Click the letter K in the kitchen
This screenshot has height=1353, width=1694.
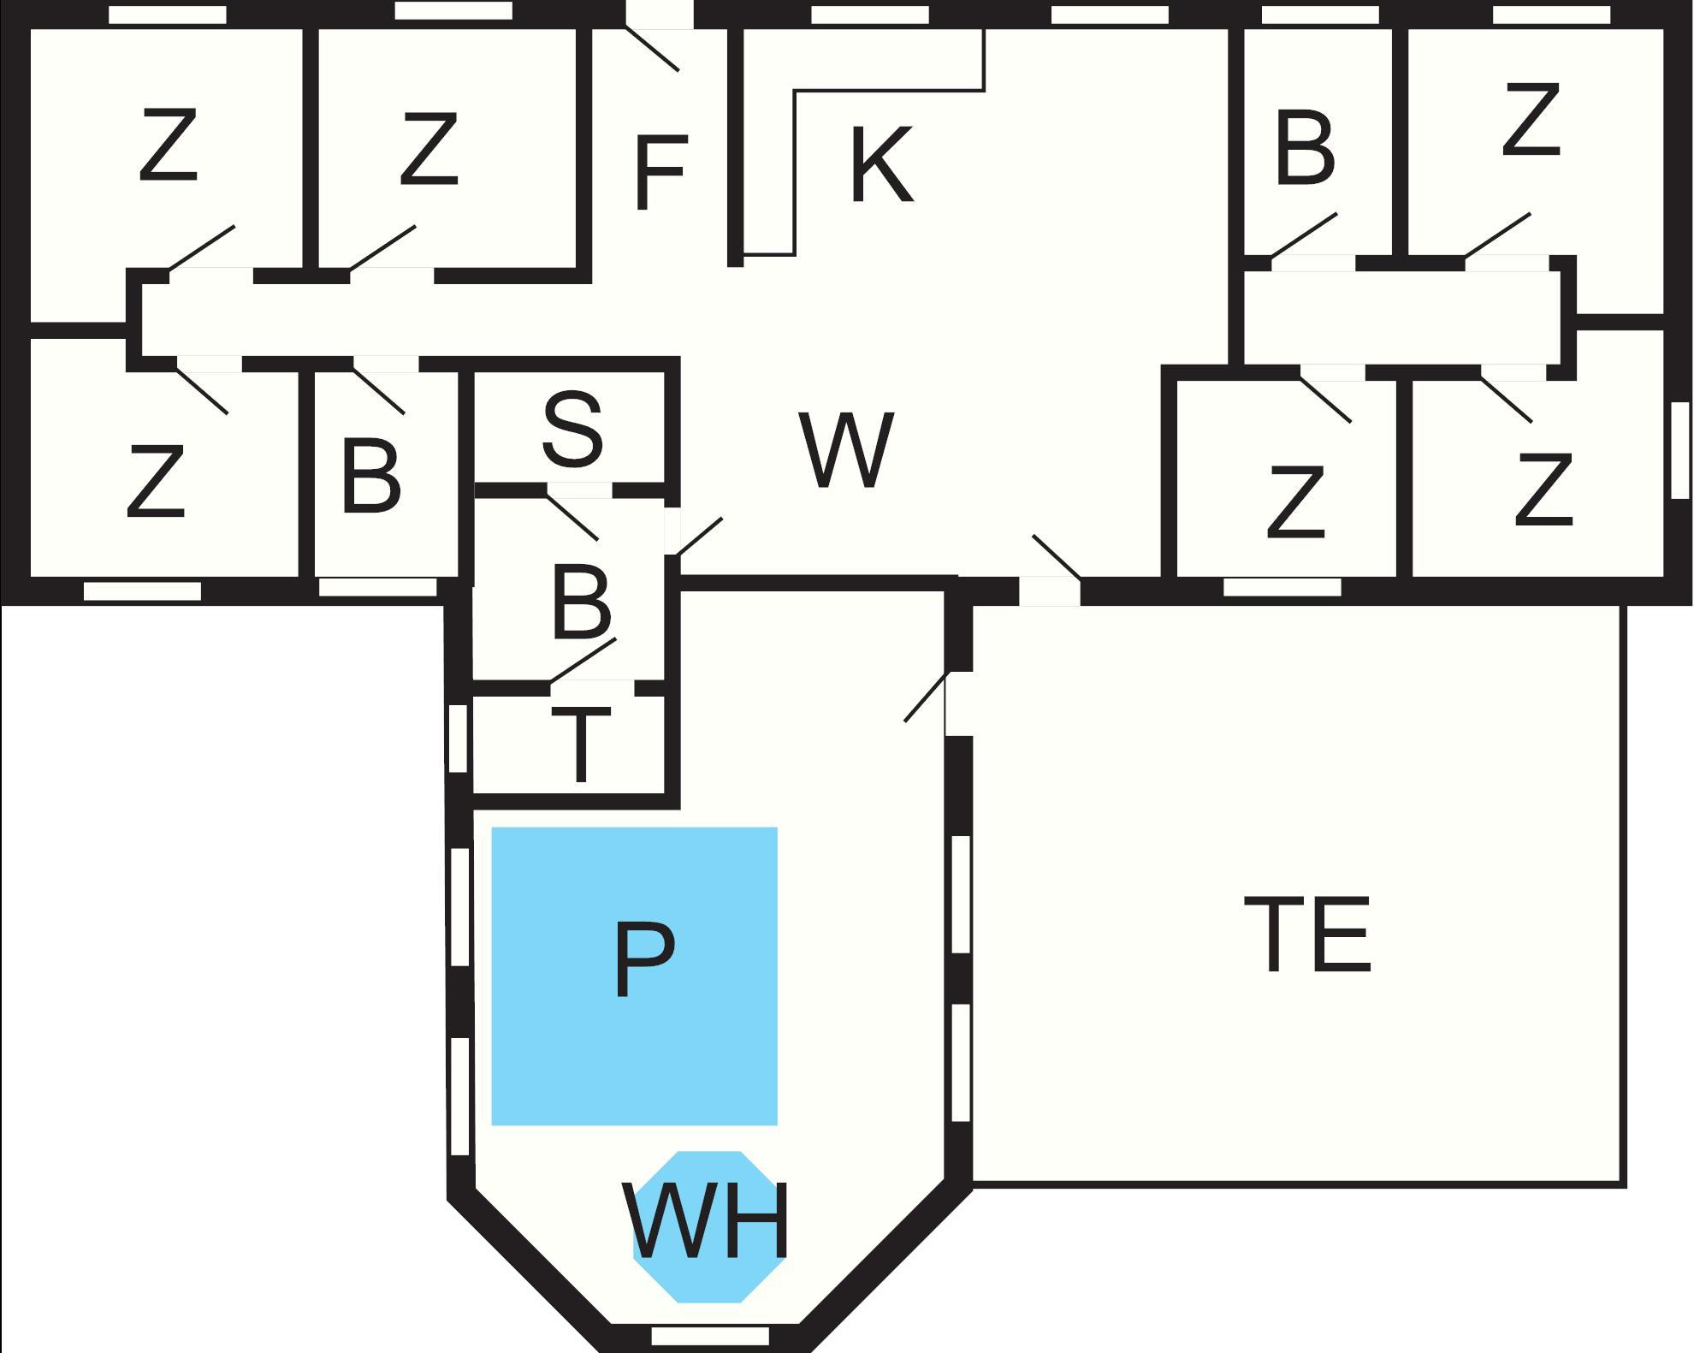click(x=881, y=165)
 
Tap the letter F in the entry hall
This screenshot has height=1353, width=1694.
click(x=660, y=173)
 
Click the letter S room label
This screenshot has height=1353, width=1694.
click(x=572, y=430)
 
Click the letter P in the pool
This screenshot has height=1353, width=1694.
click(x=644, y=960)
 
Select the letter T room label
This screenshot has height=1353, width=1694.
click(x=580, y=745)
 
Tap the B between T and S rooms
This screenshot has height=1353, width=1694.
click(x=582, y=602)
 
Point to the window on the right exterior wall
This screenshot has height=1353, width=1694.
click(x=1679, y=450)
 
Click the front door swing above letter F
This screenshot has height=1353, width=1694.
click(x=654, y=49)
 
